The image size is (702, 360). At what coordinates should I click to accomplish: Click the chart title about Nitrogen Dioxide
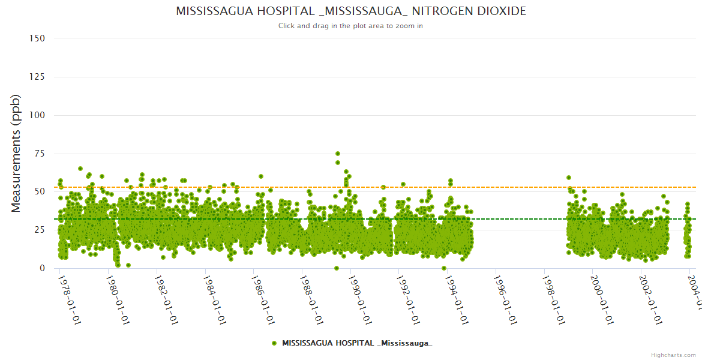[351, 11]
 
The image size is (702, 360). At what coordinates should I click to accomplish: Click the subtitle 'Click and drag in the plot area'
[351, 26]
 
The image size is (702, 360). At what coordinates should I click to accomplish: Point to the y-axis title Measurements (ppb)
[16, 153]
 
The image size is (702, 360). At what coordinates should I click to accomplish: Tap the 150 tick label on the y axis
[37, 38]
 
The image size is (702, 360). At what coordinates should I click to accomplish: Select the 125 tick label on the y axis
[37, 77]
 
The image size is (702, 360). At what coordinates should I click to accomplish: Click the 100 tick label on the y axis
[37, 115]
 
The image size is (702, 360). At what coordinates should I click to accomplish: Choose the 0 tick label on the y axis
[42, 268]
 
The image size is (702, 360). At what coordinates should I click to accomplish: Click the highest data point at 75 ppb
[337, 154]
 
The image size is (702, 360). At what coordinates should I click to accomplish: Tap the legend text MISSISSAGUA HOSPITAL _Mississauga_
[357, 343]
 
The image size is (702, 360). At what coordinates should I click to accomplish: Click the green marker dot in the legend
[274, 343]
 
